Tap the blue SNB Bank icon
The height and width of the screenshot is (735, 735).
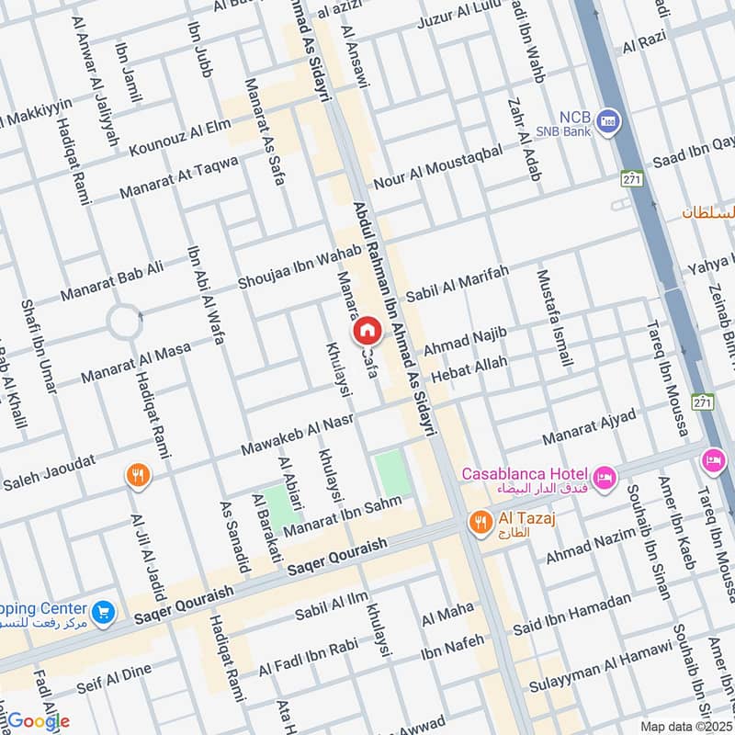[x=607, y=119]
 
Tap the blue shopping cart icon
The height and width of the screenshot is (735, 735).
[x=104, y=610]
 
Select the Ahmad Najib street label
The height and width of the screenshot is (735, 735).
[x=465, y=341]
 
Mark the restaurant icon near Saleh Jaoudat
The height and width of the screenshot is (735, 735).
[x=137, y=474]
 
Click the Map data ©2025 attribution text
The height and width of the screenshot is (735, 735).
[x=684, y=726]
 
